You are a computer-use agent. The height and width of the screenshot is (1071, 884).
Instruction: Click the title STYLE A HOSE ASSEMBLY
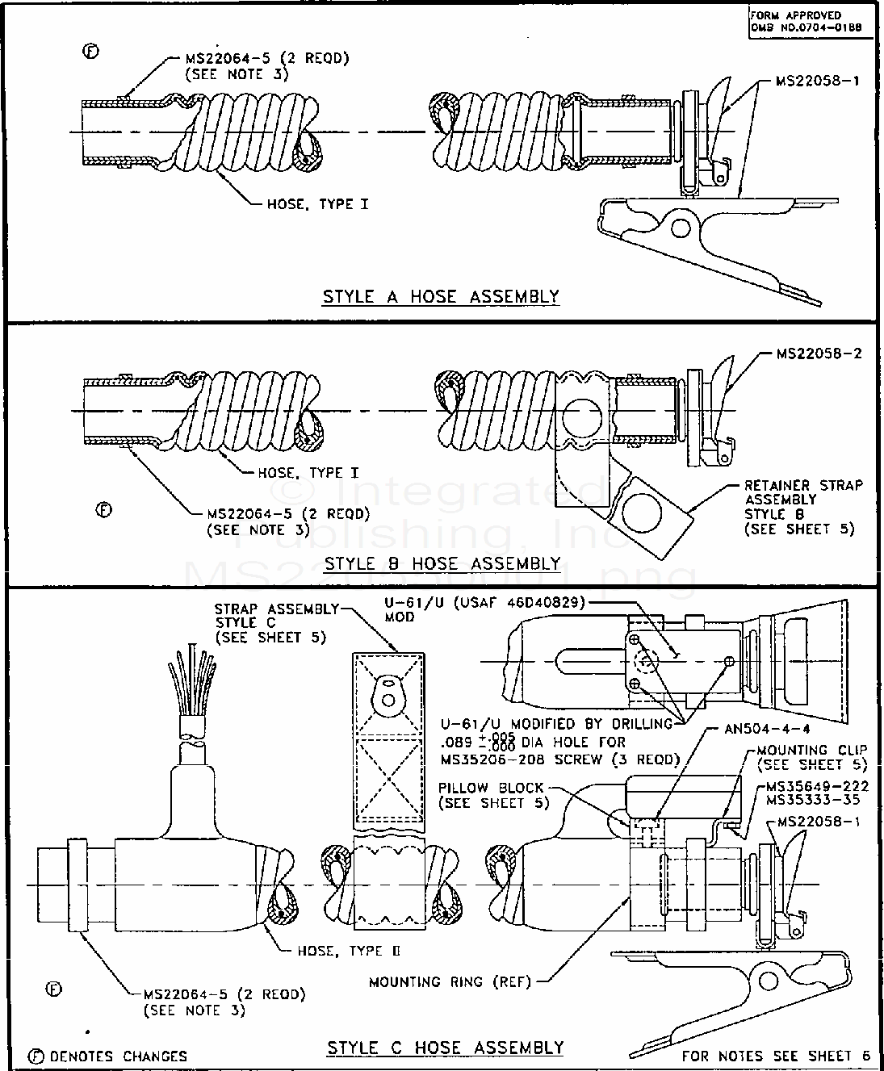[441, 296]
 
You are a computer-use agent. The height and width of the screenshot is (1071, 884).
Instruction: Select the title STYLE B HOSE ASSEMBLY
[441, 563]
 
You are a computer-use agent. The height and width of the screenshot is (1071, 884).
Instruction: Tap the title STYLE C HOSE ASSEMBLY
[445, 1048]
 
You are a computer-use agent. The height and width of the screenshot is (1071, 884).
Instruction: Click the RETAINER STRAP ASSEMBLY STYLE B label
[802, 507]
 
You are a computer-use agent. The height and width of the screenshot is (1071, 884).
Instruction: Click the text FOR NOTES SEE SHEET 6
[776, 1055]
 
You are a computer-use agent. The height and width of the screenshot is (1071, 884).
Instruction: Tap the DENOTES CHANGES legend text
[118, 1056]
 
